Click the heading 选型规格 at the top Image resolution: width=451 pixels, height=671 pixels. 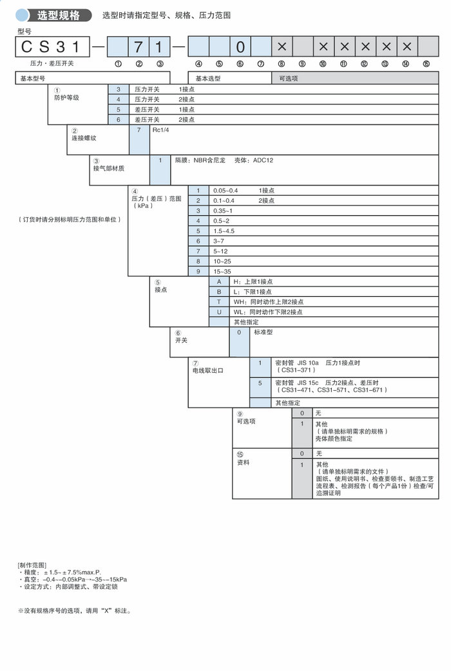click(58, 15)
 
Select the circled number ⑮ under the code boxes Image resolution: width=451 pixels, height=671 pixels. click(426, 63)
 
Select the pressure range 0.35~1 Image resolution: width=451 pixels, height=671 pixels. click(223, 211)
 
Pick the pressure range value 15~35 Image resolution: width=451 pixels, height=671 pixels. click(222, 271)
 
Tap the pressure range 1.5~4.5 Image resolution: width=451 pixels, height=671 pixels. click(224, 231)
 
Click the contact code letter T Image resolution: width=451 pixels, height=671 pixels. click(219, 301)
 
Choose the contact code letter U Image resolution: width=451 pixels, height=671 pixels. click(219, 312)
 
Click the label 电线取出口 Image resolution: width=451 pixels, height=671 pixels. click(207, 371)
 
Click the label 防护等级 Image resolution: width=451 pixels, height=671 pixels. click(66, 98)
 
